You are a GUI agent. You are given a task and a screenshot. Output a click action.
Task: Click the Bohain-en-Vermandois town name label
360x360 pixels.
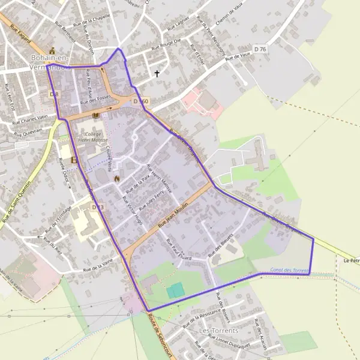coord(50,63)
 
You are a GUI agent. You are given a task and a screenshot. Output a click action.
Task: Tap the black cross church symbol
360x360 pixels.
coord(158,74)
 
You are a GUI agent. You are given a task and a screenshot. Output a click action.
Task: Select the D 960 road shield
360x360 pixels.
coord(140,101)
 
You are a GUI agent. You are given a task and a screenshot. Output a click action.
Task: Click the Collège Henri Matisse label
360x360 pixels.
coord(92,137)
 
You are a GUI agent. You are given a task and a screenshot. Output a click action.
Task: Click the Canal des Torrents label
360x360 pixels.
coord(289,271)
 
